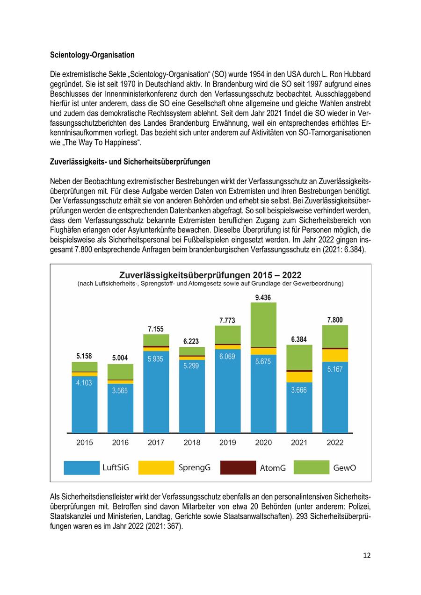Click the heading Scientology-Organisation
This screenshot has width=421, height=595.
92,55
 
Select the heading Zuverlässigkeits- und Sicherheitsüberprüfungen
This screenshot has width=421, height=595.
130,162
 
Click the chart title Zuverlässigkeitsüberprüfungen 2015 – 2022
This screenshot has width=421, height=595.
210,274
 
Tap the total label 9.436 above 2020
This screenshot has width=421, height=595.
263,297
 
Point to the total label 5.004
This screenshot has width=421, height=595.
120,358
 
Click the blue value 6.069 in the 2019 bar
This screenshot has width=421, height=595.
227,357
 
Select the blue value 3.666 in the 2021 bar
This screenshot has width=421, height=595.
299,390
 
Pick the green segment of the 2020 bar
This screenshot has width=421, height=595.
263,325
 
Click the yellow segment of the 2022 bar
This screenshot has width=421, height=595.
335,355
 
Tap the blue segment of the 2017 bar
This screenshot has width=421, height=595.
156,393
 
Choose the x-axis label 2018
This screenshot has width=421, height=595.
192,443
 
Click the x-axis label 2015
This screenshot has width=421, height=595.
85,443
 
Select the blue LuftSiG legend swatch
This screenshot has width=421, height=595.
81,467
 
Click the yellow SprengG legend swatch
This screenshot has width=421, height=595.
156,467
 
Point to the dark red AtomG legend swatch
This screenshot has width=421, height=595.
238,467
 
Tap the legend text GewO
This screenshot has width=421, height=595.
344,467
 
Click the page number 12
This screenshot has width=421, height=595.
367,555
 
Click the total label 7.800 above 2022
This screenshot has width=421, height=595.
335,320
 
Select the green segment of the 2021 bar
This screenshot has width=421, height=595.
299,358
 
